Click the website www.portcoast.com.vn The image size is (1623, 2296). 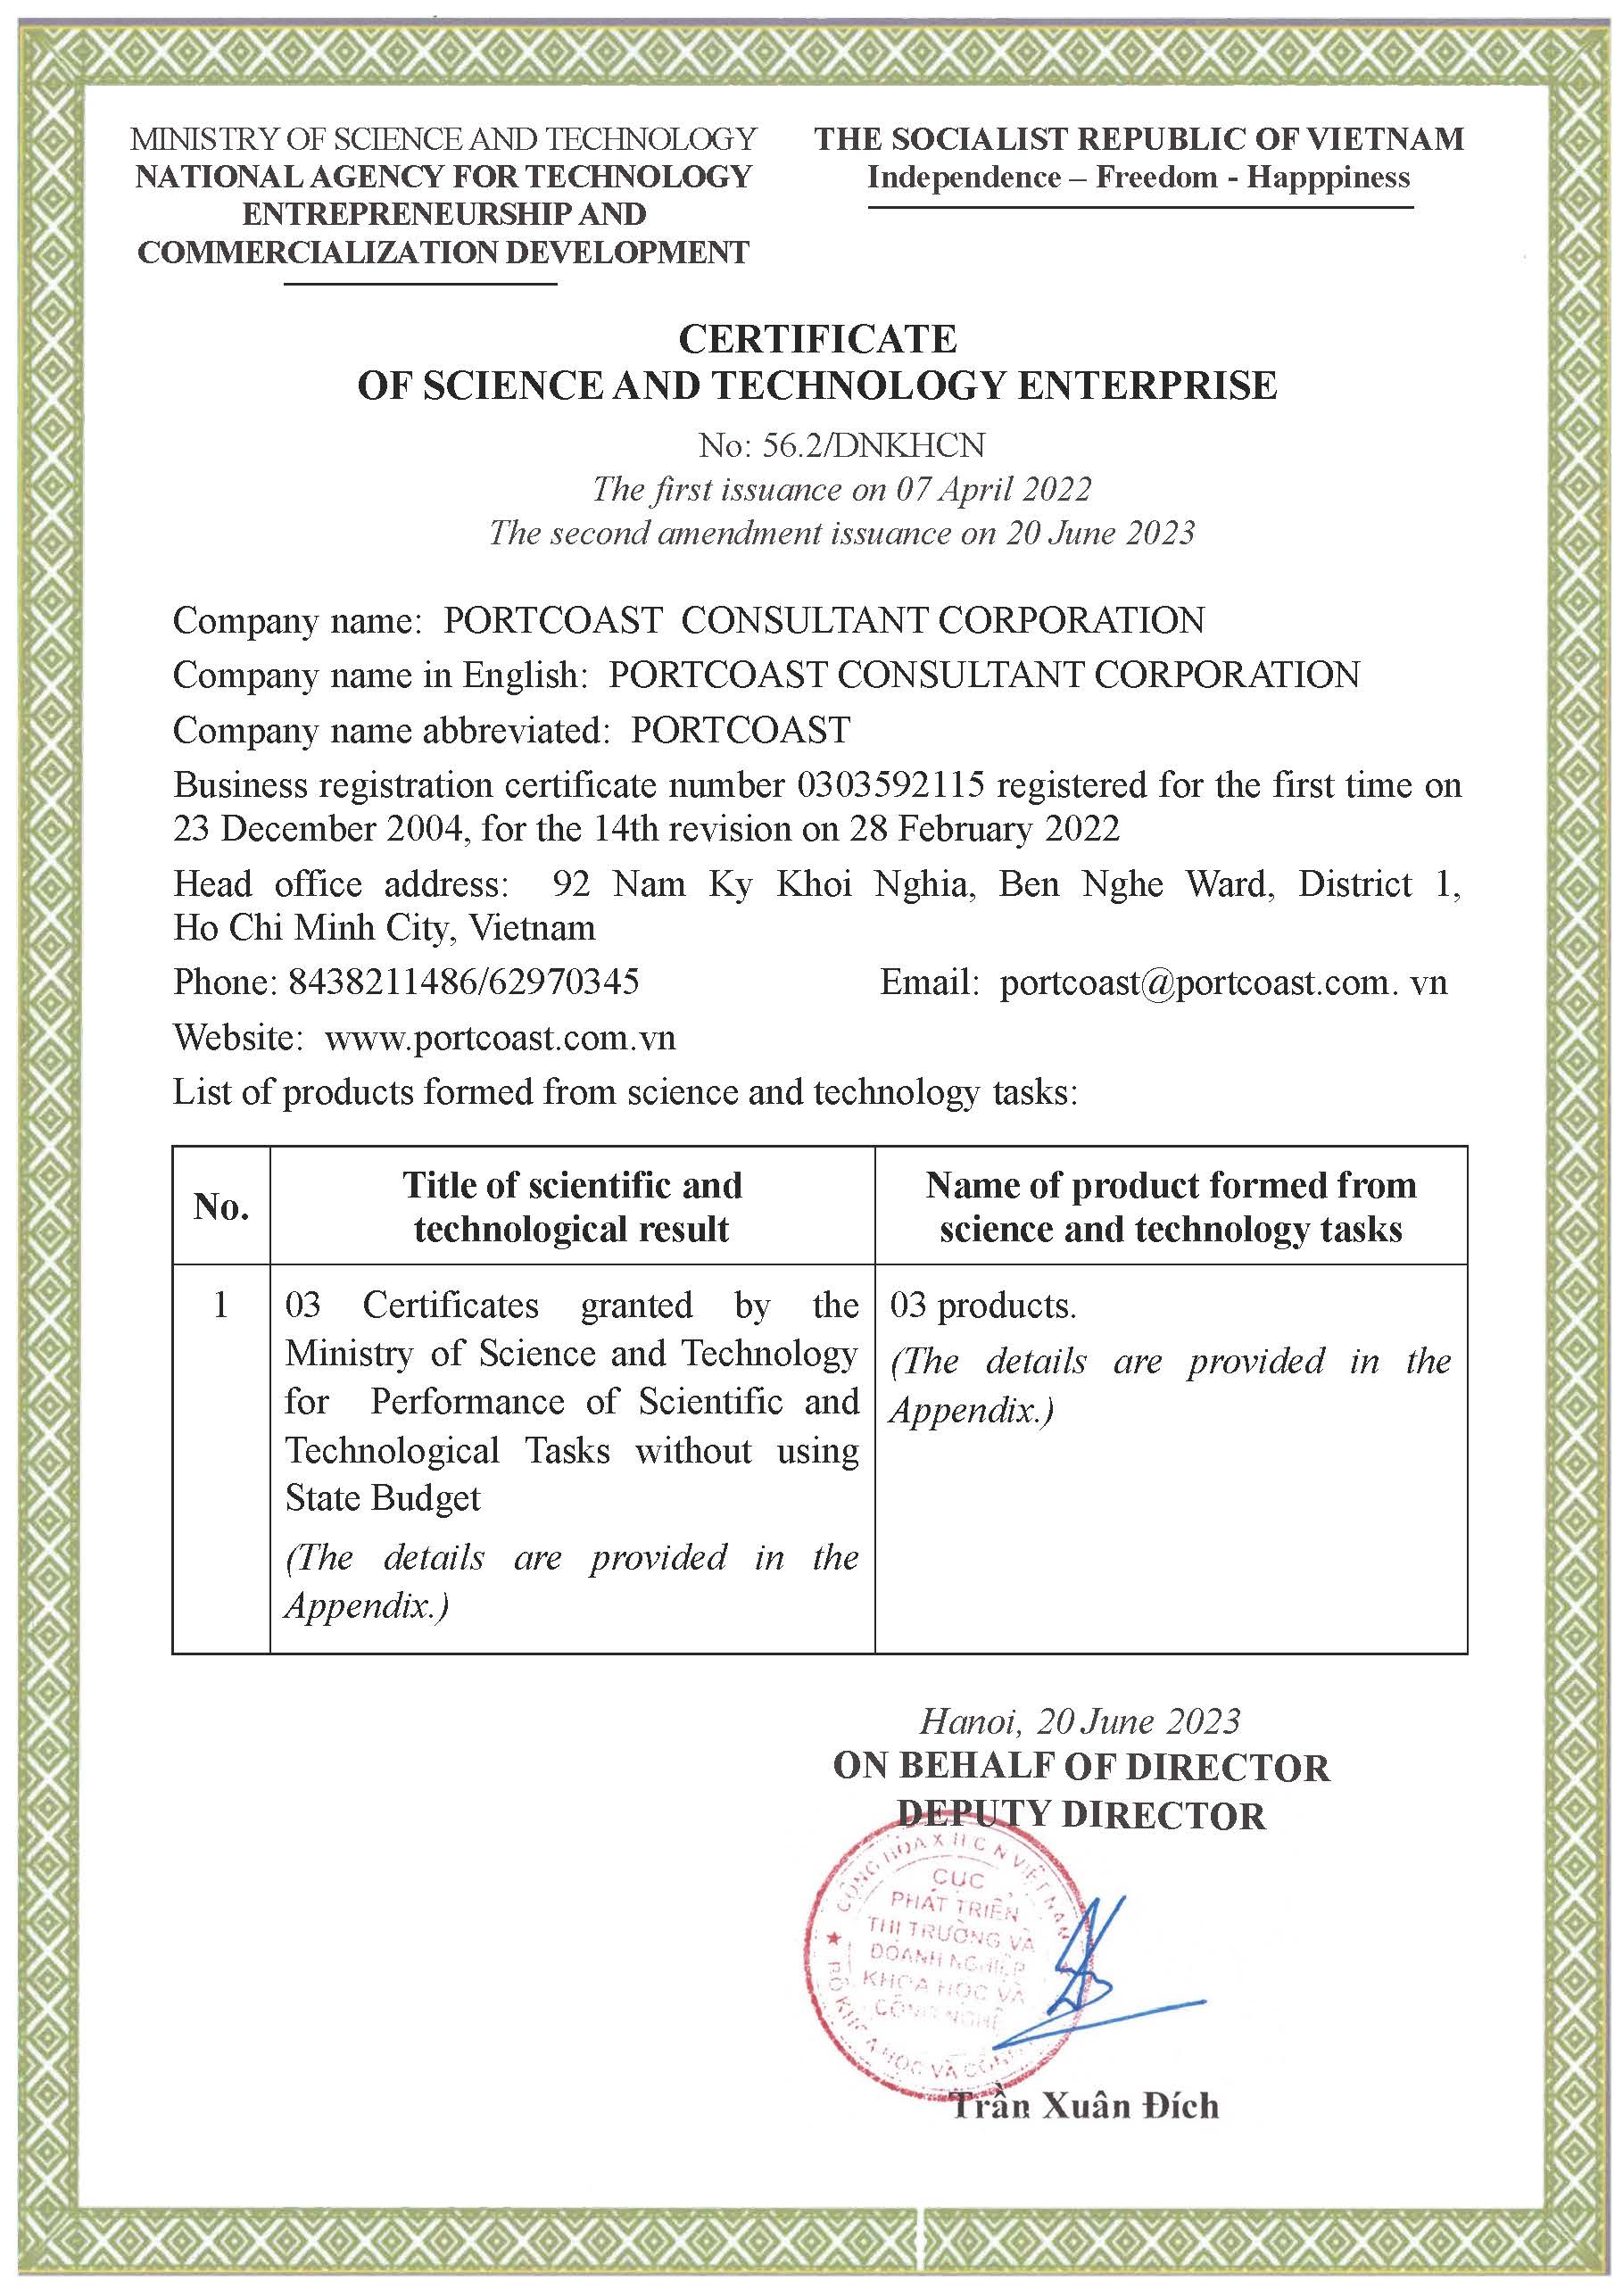coord(500,1037)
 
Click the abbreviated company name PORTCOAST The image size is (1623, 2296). coord(740,730)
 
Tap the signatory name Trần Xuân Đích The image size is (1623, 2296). coord(1085,2107)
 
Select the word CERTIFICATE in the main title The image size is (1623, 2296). coord(817,340)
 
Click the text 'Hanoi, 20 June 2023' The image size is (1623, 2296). coord(1080,1721)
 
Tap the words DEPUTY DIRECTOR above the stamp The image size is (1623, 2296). coord(1080,1815)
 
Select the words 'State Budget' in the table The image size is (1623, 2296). coord(382,1498)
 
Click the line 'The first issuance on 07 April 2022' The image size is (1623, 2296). coord(841,489)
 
